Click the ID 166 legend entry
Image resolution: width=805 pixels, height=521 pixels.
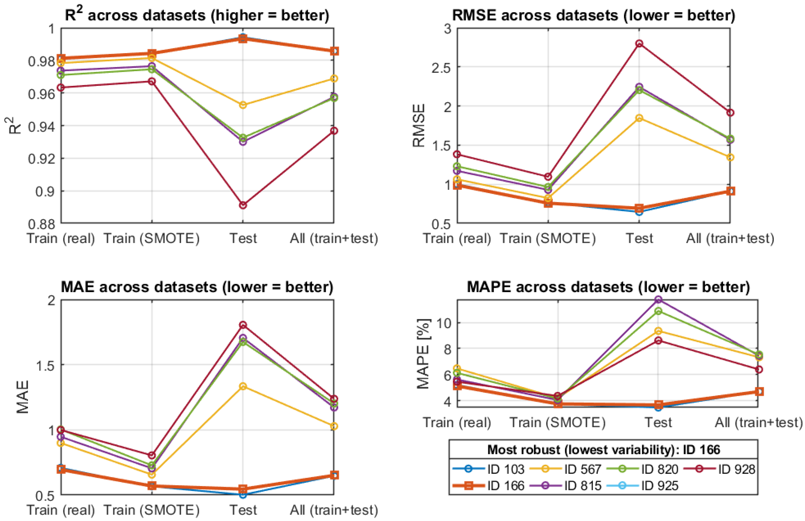489,486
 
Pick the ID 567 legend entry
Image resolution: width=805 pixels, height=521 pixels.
566,469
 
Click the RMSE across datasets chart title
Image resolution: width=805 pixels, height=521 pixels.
594,15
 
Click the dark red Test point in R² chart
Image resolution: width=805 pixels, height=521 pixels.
243,205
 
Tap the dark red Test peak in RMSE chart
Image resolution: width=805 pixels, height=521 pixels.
639,44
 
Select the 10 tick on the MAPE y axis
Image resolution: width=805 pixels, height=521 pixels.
444,323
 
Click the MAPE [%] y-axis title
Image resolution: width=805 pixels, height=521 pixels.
423,354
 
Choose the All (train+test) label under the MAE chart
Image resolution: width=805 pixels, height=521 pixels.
334,510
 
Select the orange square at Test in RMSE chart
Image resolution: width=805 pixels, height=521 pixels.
639,208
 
